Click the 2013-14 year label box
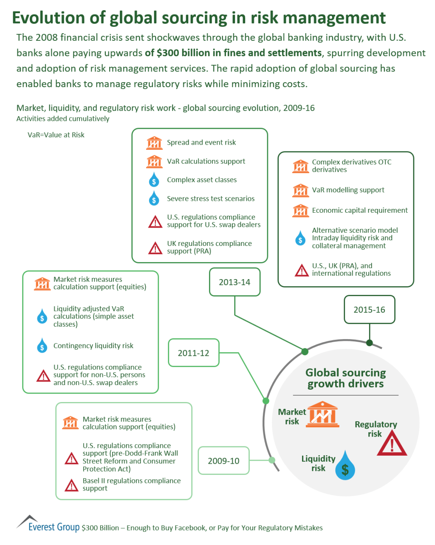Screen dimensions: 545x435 (234, 282)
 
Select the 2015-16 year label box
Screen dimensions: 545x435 (369, 310)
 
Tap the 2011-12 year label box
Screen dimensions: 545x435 (194, 353)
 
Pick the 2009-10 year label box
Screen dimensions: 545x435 (223, 461)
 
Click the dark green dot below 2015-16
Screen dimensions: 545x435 (370, 343)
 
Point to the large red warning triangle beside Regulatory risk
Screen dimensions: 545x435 (392, 445)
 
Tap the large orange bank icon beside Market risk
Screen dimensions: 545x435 (322, 414)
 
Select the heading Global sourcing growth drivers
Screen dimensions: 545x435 (345, 378)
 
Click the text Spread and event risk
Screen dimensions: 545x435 (201, 143)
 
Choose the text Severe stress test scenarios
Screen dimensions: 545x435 (211, 199)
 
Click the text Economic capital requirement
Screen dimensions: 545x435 (360, 210)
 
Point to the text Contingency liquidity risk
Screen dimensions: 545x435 (93, 346)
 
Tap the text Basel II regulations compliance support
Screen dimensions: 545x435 (131, 485)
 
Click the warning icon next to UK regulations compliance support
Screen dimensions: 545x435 (155, 248)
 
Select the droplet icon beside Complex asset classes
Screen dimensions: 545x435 (154, 180)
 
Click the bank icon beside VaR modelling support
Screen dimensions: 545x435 (301, 191)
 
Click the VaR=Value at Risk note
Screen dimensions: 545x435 (56, 135)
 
